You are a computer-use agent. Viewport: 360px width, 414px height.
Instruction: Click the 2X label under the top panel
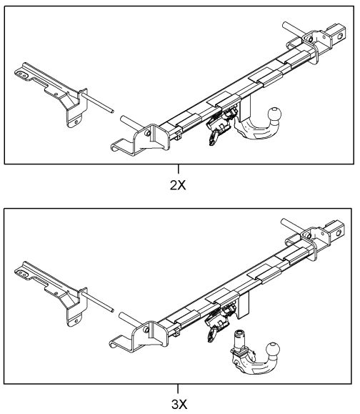point(178,186)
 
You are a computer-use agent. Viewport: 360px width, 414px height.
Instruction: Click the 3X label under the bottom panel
point(179,404)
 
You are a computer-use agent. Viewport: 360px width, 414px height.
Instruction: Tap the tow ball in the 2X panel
point(274,114)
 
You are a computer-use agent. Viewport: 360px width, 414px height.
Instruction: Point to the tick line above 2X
point(179,169)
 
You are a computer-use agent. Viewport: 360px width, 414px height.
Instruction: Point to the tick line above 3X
point(178,389)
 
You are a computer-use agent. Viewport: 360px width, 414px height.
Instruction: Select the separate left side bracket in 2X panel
point(51,92)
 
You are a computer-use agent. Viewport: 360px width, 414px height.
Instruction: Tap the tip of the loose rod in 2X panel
point(113,111)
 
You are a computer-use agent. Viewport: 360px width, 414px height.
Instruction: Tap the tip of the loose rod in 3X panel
point(113,310)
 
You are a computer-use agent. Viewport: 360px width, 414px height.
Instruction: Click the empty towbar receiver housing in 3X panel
point(244,304)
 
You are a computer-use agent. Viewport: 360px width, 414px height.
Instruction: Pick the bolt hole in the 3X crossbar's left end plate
point(146,330)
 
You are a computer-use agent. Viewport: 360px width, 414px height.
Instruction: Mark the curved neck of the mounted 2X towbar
point(253,130)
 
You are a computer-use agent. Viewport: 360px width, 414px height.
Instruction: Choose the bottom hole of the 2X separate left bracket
point(76,122)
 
